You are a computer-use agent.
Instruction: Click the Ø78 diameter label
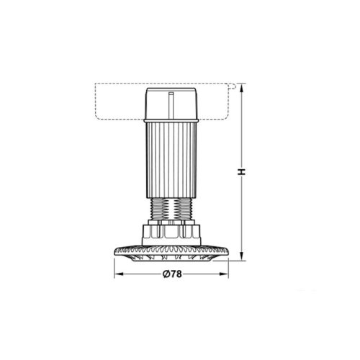click(x=171, y=274)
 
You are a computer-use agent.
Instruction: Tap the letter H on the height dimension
click(x=243, y=172)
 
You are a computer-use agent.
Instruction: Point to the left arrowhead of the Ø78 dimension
click(x=116, y=274)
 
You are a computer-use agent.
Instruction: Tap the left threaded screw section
click(x=161, y=211)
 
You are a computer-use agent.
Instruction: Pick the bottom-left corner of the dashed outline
click(x=96, y=120)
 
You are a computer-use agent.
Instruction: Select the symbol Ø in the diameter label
click(x=164, y=274)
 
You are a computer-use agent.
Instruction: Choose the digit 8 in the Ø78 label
click(x=179, y=274)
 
